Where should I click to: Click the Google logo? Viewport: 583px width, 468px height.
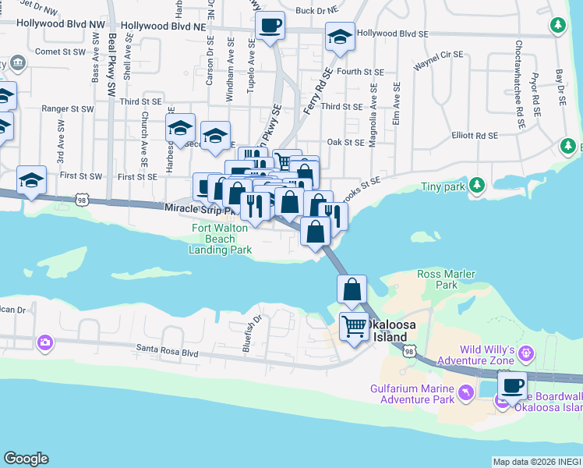26,459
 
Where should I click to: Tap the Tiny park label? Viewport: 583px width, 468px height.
442,186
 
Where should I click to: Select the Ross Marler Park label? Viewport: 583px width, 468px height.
447,279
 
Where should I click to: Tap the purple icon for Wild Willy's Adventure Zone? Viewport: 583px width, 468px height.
526,353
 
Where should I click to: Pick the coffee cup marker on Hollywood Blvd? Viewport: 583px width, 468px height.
270,27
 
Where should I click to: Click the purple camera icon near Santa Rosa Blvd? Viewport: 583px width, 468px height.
44,342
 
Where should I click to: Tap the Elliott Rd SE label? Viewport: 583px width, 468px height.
475,135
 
